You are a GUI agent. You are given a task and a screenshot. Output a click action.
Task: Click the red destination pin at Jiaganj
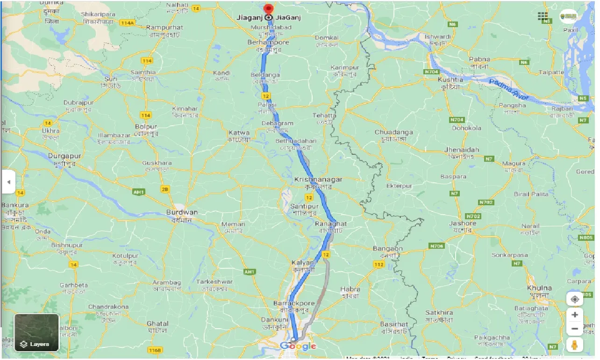click(268, 9)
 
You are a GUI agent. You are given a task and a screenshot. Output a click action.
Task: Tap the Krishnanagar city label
click(318, 180)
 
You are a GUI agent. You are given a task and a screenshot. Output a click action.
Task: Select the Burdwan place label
click(182, 212)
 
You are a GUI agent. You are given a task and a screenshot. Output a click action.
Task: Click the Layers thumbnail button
click(37, 332)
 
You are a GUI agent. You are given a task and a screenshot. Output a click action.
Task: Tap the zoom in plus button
click(574, 314)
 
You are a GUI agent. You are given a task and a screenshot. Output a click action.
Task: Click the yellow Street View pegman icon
click(574, 345)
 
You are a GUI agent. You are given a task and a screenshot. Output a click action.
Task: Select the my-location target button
click(574, 299)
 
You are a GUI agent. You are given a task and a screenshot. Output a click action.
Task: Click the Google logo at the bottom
click(298, 346)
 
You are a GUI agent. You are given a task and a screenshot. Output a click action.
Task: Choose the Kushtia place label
click(450, 79)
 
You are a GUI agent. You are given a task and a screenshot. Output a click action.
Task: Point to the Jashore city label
click(463, 223)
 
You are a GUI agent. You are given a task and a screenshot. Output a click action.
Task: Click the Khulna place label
click(539, 288)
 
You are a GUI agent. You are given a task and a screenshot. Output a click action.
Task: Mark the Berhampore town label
click(268, 42)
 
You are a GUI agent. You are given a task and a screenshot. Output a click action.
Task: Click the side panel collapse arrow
click(8, 182)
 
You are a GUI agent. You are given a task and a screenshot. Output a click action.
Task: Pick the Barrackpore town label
click(294, 304)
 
